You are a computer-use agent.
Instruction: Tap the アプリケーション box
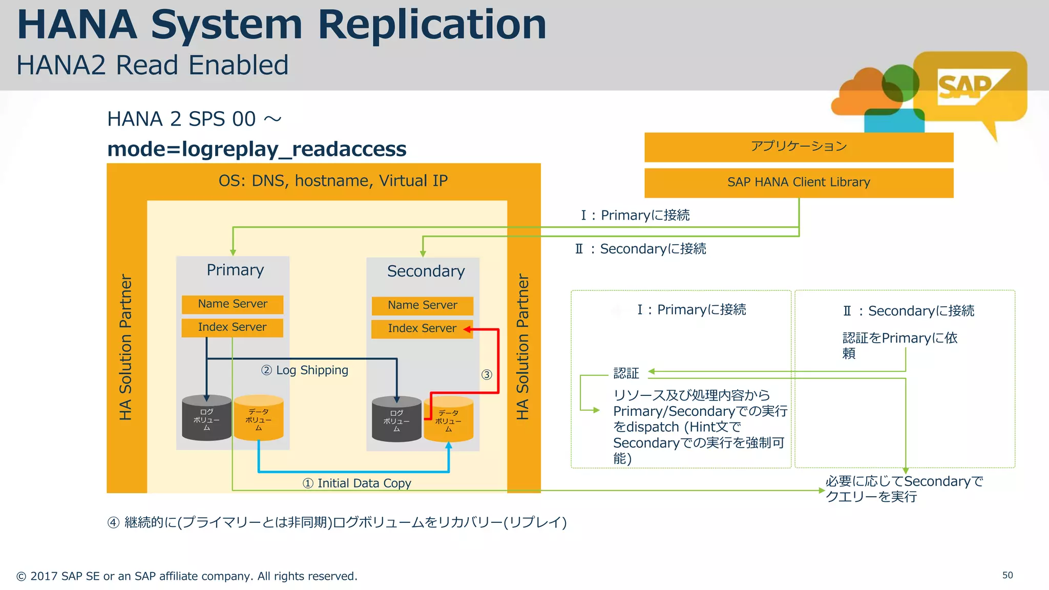click(799, 147)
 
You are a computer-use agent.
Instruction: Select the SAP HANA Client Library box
click(799, 182)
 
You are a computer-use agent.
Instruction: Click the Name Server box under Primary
click(233, 304)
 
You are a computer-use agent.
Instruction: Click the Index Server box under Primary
click(232, 327)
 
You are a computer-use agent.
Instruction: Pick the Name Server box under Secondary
click(422, 305)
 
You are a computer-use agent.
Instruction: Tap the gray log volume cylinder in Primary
click(206, 418)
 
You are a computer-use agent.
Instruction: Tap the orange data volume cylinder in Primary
click(259, 418)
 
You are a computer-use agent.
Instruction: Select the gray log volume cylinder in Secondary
click(396, 419)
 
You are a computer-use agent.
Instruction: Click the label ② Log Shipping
click(305, 370)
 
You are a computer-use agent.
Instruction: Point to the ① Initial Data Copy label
click(357, 483)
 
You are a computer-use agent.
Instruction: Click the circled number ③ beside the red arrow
click(487, 374)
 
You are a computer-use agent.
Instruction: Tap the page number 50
click(1007, 575)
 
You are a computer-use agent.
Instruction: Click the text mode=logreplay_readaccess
click(257, 149)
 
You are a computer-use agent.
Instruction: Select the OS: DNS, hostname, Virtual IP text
click(333, 181)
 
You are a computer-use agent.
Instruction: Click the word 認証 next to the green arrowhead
click(626, 373)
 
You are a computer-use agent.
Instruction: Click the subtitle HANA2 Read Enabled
click(153, 66)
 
